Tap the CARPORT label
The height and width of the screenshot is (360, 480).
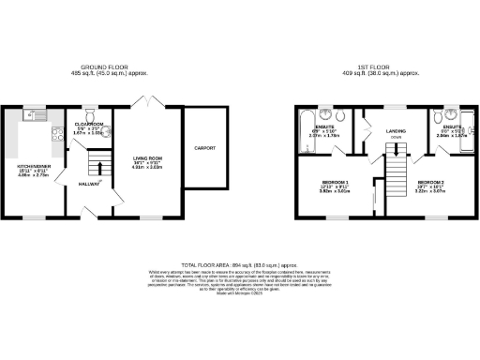coord(205,148)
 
